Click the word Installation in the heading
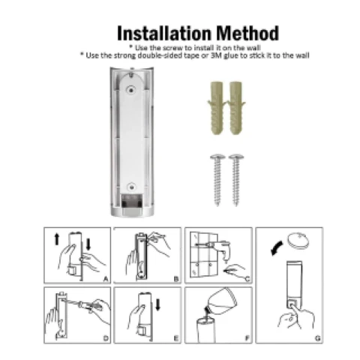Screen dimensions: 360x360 164,34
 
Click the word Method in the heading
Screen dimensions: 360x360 247,33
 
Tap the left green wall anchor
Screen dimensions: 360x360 217,108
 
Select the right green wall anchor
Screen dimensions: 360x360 236,108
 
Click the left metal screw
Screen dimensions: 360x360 217,180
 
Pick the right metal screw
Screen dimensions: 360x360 236,180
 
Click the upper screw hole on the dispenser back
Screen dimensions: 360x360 131,90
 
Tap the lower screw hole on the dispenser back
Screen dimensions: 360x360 131,187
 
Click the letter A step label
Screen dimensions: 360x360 106,279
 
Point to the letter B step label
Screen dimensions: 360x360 176,279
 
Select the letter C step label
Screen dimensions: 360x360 247,279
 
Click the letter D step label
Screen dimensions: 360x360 106,338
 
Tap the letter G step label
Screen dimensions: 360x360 317,338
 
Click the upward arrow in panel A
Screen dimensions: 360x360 57,239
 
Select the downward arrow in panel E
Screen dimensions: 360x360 157,305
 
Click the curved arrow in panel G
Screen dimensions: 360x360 277,247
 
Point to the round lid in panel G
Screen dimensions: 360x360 298,241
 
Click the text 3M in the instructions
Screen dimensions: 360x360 216,55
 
